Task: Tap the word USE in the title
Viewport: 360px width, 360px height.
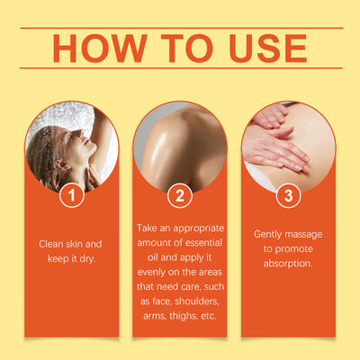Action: pos(268,49)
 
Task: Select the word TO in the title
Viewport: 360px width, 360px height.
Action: pos(187,49)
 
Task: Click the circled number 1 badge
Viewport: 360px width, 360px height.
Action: pos(72,195)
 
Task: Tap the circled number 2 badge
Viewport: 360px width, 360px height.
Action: pos(180,195)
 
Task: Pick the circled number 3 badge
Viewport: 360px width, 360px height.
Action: pos(288,195)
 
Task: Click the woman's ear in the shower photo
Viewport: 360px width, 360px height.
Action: pos(61,165)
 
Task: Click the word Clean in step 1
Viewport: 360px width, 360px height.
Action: pos(51,244)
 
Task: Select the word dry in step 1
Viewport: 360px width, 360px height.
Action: pos(87,259)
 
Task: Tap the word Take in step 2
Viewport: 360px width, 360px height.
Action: pos(147,228)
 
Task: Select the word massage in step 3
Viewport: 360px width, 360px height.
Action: pos(303,235)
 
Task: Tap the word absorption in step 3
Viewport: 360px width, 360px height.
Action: pos(288,264)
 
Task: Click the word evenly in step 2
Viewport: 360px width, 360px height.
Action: pos(151,273)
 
